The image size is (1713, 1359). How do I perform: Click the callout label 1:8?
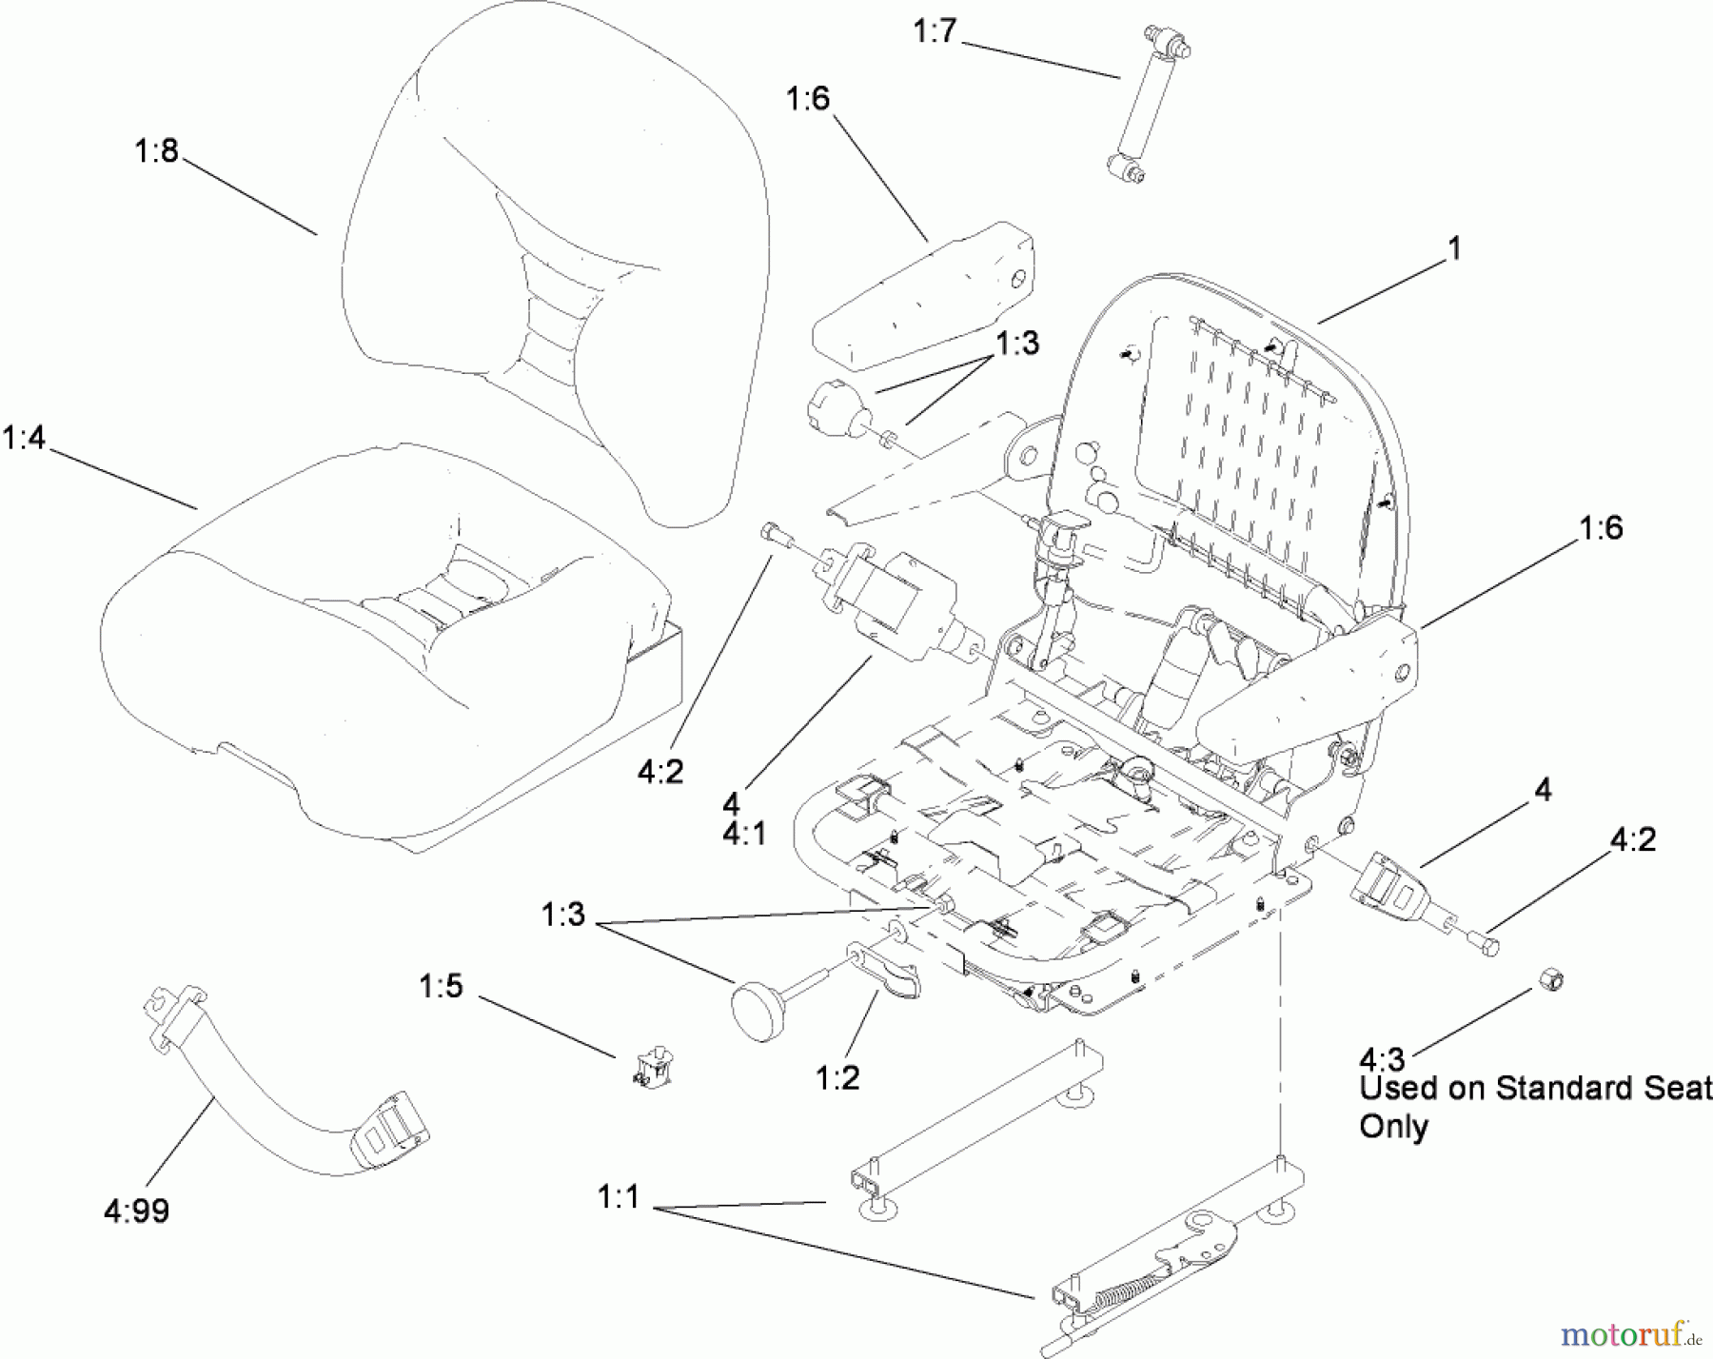[x=156, y=150]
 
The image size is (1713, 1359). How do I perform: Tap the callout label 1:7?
[x=934, y=31]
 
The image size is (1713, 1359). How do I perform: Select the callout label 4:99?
[x=136, y=1211]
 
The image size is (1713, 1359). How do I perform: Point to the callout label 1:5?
[x=441, y=986]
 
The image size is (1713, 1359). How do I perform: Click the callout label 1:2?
[x=837, y=1077]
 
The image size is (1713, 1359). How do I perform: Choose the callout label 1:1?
[x=619, y=1197]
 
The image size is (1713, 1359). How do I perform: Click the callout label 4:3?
[x=1382, y=1058]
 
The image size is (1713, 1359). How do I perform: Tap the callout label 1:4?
[x=24, y=438]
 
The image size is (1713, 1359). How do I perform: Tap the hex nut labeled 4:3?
[x=1550, y=980]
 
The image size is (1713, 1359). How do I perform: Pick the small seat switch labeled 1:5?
[x=649, y=1068]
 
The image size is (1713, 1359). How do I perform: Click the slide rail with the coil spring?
[x=1142, y=1275]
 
